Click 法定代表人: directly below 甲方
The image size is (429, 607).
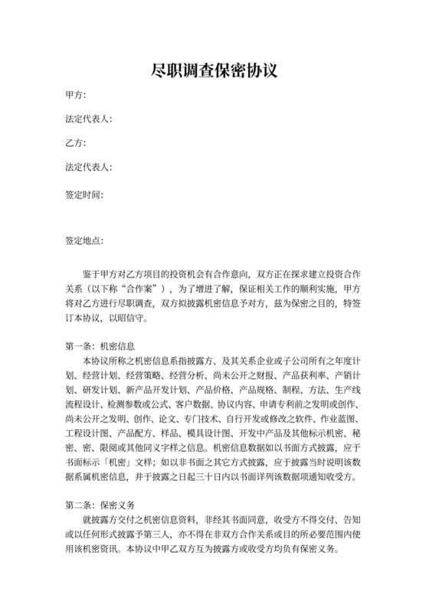[x=90, y=119]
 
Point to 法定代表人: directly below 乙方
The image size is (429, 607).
[x=90, y=166]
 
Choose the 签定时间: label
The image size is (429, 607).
[x=85, y=194]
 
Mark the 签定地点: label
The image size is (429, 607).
[x=85, y=241]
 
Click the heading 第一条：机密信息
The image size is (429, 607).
[x=101, y=345]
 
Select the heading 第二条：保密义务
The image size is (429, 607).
[x=101, y=504]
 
